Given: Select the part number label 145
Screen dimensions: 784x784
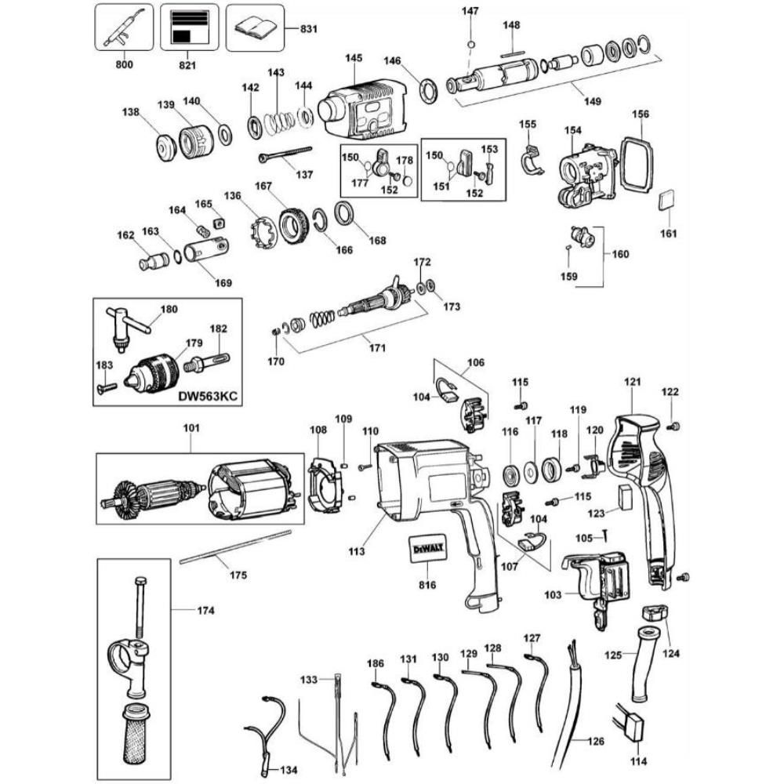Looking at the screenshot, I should pos(354,58).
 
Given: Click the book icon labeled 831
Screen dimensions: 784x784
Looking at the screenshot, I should pos(254,27).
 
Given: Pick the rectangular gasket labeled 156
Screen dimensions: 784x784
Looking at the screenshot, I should pos(633,164).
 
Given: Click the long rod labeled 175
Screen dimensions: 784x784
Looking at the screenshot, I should pos(235,546).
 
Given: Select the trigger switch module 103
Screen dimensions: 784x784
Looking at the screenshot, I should pos(597,584).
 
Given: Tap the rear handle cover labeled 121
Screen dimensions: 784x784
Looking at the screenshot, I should pos(643,486).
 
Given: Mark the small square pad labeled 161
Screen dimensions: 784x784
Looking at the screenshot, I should pos(666,200).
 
